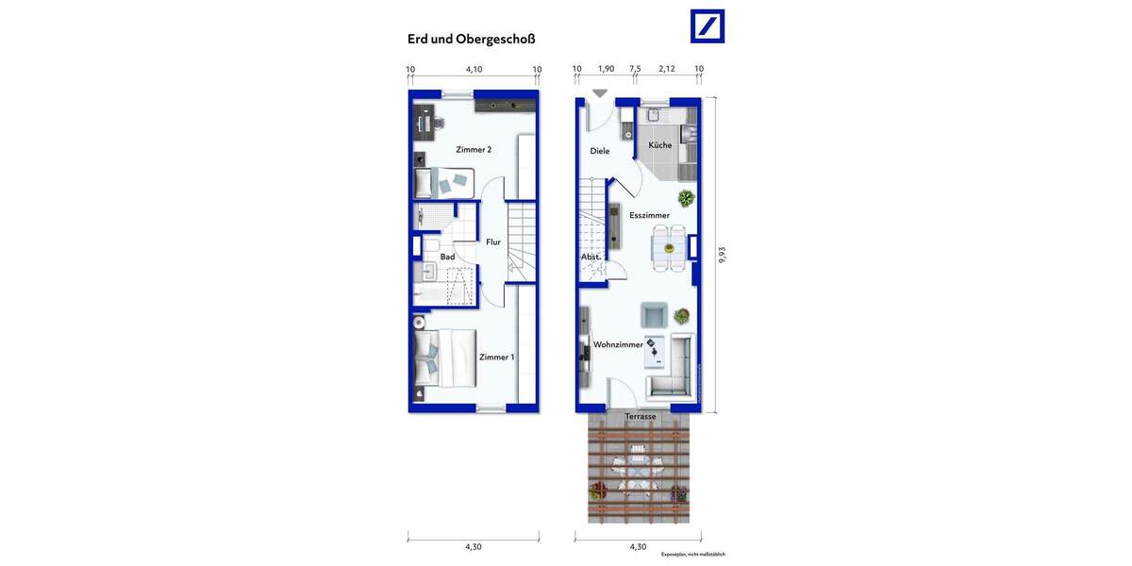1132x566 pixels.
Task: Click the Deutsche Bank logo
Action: pos(707,25)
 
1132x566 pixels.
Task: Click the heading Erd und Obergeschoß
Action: pos(471,40)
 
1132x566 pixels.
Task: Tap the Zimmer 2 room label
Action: pos(474,150)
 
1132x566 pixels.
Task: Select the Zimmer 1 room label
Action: pos(496,357)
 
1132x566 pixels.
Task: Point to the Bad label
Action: pos(447,257)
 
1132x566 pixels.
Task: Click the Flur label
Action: pos(492,242)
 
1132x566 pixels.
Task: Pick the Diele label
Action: pos(600,151)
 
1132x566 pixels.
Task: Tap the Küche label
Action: pos(660,145)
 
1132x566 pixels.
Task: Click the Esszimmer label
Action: pos(649,215)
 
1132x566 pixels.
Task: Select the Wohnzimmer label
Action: pos(618,345)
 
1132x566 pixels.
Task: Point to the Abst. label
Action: pos(591,257)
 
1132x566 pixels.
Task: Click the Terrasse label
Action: pos(640,416)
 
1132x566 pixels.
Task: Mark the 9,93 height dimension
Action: pos(723,255)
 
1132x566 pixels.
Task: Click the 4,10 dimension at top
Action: pos(474,69)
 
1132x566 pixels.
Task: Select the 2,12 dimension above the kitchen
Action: pos(667,69)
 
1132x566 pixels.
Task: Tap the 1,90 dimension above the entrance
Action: pos(606,69)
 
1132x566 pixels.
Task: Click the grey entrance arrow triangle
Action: pos(600,92)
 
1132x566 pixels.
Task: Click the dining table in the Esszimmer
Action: pos(669,248)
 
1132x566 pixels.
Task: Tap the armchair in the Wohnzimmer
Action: pos(653,314)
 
